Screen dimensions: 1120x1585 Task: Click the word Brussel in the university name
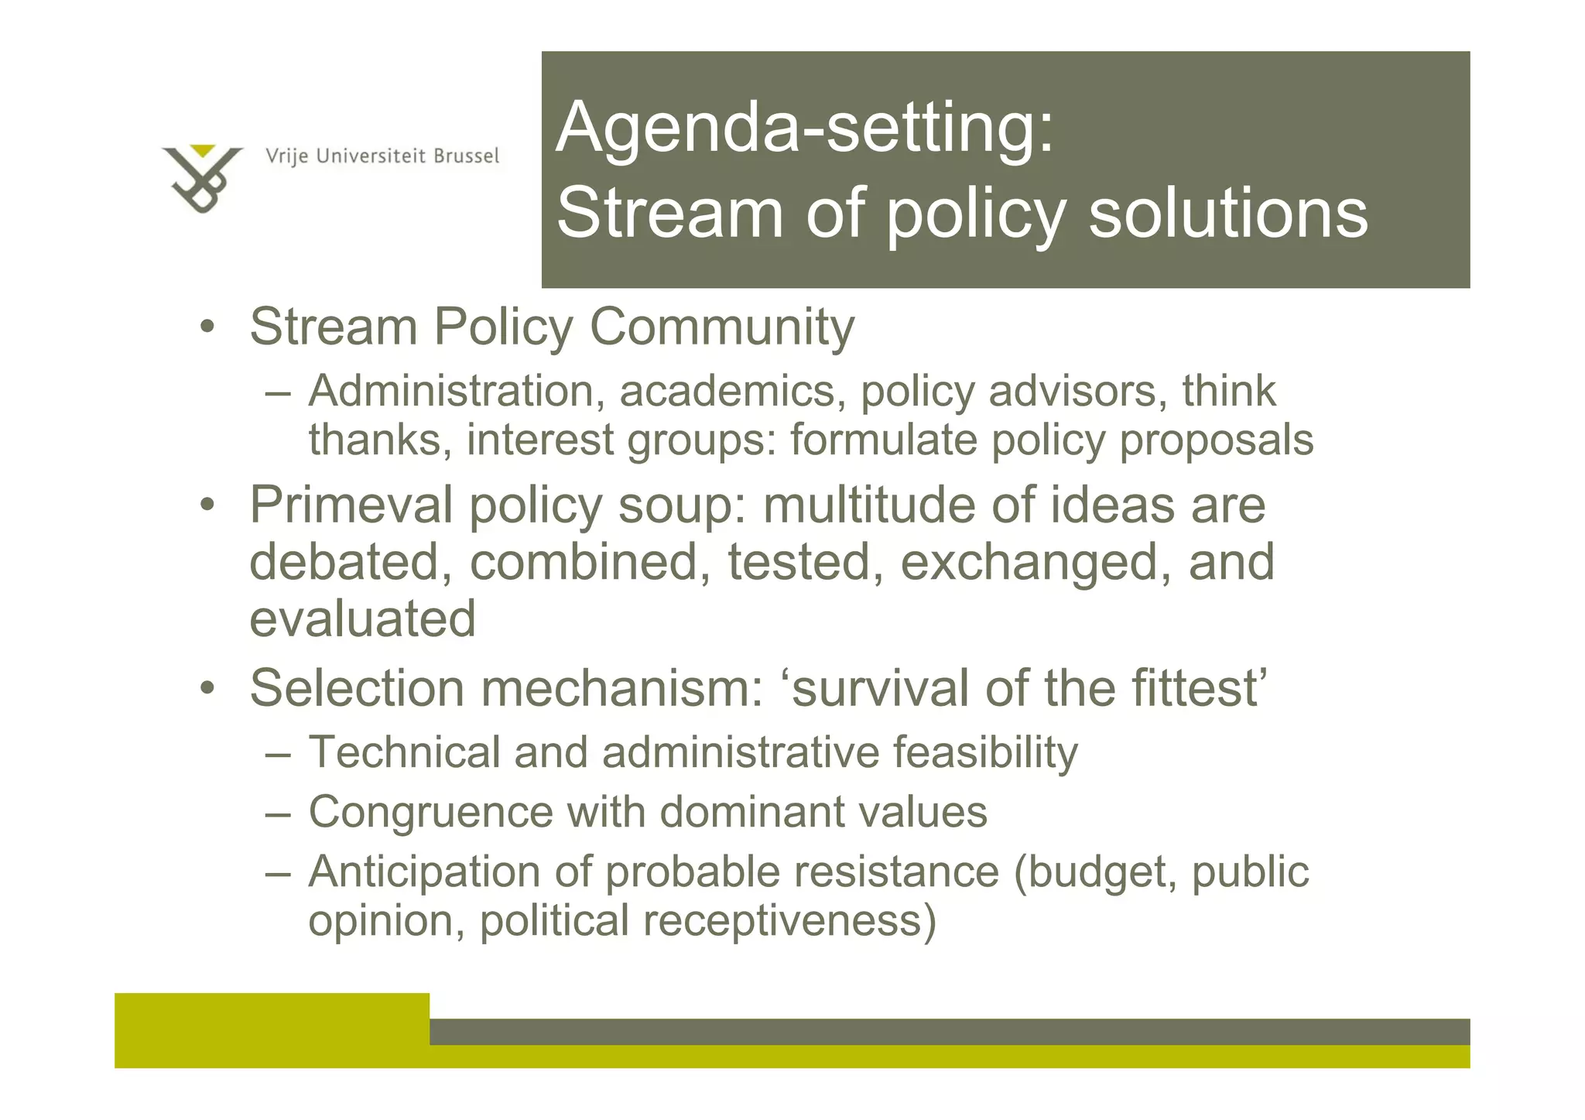[466, 156]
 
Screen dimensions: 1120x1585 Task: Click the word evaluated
[362, 618]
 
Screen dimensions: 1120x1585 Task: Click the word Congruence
[430, 812]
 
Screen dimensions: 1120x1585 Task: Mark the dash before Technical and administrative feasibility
[278, 753]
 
